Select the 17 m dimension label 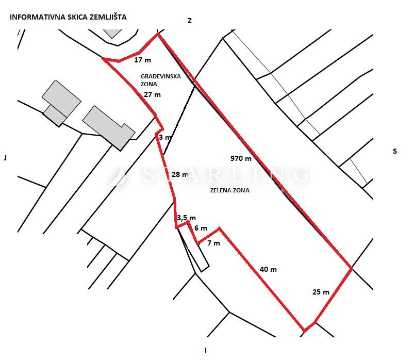click(143, 60)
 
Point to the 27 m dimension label click(152, 94)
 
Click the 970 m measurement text click(241, 158)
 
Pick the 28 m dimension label click(180, 174)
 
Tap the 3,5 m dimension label click(187, 218)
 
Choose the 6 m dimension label click(201, 228)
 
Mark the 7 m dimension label click(213, 243)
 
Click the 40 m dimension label click(268, 269)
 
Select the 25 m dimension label click(321, 292)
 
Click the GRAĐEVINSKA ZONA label click(160, 80)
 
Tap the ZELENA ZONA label click(230, 190)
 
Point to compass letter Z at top click(190, 21)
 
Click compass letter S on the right click(395, 151)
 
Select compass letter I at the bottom click(206, 351)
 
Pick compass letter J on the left click(5, 158)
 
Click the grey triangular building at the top click(112, 33)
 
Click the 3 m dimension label click(165, 137)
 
